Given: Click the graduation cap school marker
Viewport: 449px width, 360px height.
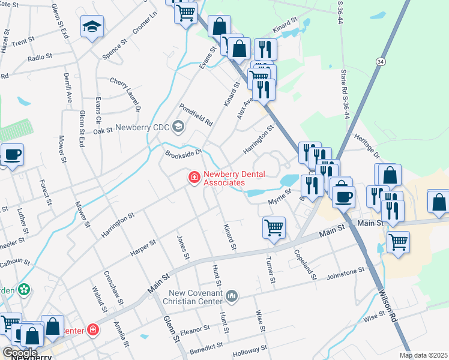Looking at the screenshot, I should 92,26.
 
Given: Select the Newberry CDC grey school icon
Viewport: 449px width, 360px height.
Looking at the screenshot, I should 178,126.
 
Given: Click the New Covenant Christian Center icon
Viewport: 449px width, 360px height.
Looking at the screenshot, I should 233,295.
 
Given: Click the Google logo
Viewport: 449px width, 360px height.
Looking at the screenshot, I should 20,353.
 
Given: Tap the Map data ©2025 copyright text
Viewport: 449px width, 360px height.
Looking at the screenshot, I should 424,355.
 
